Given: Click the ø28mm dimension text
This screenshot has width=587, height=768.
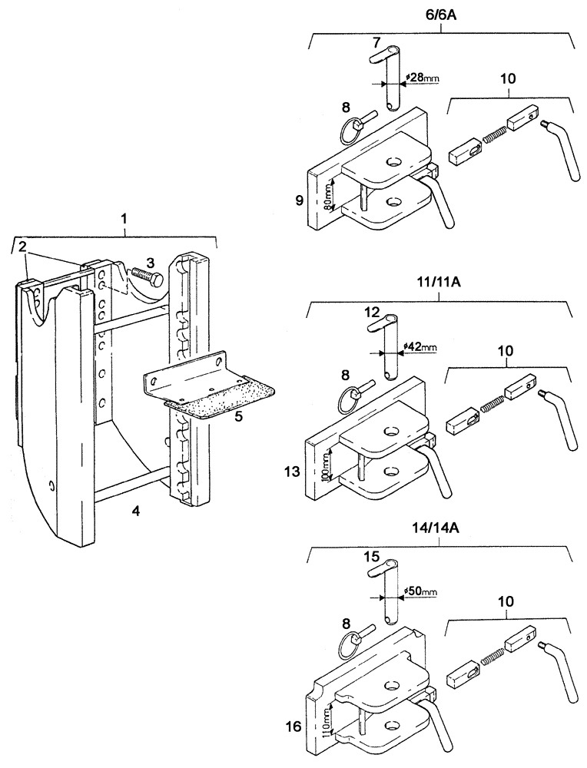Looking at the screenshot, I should pyautogui.click(x=420, y=78).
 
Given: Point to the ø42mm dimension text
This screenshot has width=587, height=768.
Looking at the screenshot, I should pyautogui.click(x=419, y=347).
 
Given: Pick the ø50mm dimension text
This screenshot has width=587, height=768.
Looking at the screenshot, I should pyautogui.click(x=419, y=591).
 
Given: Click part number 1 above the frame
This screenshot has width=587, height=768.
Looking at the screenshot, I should pyautogui.click(x=124, y=219).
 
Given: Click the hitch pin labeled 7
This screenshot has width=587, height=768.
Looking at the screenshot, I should pyautogui.click(x=393, y=80).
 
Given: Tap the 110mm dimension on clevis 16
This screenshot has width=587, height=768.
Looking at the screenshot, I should pyautogui.click(x=329, y=723).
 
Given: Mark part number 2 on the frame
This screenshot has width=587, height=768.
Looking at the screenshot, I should pyautogui.click(x=22, y=246).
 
